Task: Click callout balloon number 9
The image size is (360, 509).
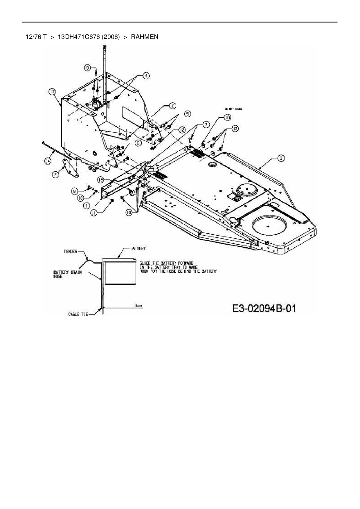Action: tap(87, 68)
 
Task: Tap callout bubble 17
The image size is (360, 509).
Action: tap(52, 92)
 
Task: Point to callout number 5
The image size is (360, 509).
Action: tap(187, 114)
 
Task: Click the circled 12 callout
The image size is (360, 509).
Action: tap(182, 130)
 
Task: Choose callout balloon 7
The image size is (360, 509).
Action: tap(205, 124)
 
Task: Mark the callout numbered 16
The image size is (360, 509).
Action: tap(227, 118)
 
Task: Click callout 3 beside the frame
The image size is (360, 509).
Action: tap(280, 158)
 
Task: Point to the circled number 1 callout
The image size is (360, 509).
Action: tap(86, 206)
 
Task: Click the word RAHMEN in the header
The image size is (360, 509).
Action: tap(145, 37)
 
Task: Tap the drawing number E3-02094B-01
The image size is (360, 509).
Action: tap(264, 308)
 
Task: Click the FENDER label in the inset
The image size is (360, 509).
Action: tap(71, 251)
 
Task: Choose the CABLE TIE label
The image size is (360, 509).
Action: tap(78, 314)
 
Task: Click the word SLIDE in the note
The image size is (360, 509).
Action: tap(145, 263)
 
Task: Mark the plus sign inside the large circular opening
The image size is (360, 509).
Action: tap(268, 226)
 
